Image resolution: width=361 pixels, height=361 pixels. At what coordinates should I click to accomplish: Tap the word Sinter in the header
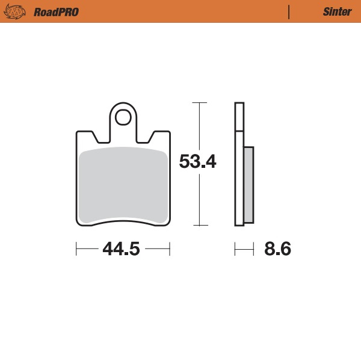338,12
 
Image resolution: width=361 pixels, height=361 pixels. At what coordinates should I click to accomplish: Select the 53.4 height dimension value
197,161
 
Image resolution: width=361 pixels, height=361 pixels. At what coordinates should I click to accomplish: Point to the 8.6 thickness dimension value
277,248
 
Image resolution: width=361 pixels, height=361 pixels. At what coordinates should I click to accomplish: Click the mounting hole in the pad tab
123,116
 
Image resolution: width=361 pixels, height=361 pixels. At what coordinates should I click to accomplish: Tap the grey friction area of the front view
123,184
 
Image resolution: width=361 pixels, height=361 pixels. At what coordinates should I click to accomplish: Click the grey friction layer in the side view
248,184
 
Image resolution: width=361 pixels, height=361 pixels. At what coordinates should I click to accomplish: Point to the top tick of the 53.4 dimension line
199,103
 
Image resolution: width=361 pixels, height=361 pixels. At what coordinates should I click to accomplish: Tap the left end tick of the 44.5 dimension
76,248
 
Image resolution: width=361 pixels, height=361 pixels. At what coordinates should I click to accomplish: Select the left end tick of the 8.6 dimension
235,248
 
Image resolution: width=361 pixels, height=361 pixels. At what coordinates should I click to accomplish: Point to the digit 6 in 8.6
285,248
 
